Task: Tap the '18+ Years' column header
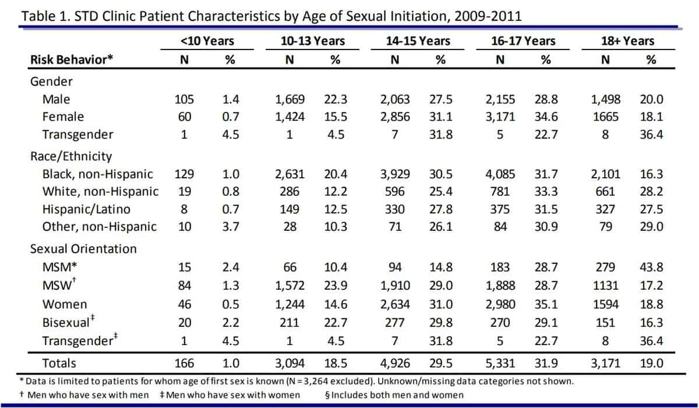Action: point(627,41)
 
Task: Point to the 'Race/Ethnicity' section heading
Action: point(71,156)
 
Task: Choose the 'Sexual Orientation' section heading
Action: point(83,249)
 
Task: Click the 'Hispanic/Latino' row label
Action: point(86,209)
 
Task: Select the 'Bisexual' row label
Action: point(66,322)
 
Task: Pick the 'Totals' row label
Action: point(59,363)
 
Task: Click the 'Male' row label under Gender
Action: point(56,100)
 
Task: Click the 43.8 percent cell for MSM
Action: point(651,268)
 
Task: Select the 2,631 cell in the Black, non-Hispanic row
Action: point(290,174)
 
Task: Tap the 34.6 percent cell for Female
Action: point(546,117)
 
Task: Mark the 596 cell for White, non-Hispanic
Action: point(395,191)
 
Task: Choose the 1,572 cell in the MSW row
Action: point(290,286)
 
